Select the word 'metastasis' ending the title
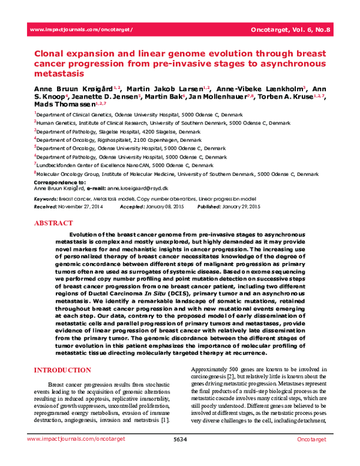coord(59,74)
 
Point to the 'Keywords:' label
coord(46,198)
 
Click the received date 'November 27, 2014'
coord(84,206)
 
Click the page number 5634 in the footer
coord(180,457)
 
